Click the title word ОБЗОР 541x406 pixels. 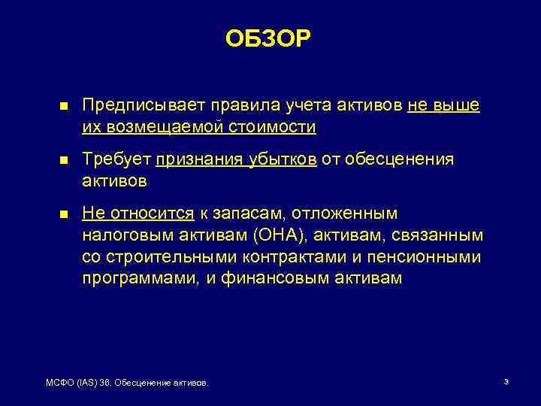[x=267, y=39]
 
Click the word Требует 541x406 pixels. [x=116, y=159]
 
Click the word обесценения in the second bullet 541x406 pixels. [x=410, y=159]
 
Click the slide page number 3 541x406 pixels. [x=506, y=383]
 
